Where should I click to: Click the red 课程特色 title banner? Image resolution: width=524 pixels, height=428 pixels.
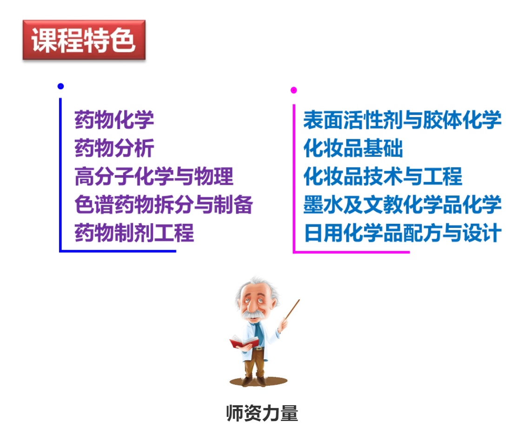click(x=84, y=40)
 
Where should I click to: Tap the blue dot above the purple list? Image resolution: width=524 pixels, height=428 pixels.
click(x=60, y=86)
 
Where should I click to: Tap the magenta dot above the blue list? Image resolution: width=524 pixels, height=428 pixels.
click(x=294, y=90)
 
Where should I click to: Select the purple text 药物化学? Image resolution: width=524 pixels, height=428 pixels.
click(x=114, y=120)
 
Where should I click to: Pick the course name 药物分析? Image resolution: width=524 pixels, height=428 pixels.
click(x=114, y=148)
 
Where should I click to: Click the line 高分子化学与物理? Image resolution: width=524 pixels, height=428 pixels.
click(x=154, y=176)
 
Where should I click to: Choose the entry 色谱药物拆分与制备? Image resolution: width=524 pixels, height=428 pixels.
click(x=164, y=204)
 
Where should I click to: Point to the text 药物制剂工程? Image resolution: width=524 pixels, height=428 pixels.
click(x=134, y=233)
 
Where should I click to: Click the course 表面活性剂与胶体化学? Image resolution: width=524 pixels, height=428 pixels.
click(x=402, y=120)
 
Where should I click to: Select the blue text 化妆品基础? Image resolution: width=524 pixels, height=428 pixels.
click(x=353, y=148)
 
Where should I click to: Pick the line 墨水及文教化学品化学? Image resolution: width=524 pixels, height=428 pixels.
click(x=402, y=204)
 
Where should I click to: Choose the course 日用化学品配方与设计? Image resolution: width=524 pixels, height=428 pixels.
click(x=403, y=233)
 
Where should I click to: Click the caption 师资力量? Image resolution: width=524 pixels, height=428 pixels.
click(x=262, y=413)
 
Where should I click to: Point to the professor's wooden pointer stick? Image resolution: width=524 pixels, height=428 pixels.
click(x=292, y=310)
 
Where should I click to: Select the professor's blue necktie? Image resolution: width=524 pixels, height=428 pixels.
click(x=259, y=334)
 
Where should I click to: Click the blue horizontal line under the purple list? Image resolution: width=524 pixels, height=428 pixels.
click(x=118, y=251)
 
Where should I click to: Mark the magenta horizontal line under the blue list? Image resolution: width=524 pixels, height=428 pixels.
click(x=351, y=252)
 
